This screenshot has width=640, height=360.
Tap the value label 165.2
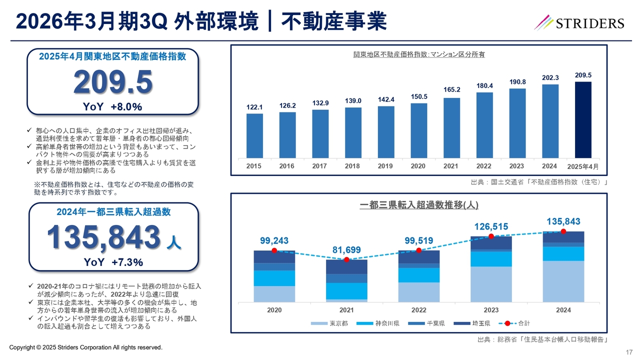coord(451,89)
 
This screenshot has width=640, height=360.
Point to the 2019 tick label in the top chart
coord(385,166)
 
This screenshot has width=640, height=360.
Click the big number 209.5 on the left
coord(113,83)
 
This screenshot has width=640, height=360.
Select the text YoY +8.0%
coord(113,106)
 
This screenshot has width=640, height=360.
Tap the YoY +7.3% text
coord(113,262)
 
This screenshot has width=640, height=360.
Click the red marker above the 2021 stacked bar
coord(346,259)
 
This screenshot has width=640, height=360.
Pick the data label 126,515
coord(491,226)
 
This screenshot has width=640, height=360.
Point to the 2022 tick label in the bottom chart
coord(418,310)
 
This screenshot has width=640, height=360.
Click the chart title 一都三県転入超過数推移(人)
coord(418,205)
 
